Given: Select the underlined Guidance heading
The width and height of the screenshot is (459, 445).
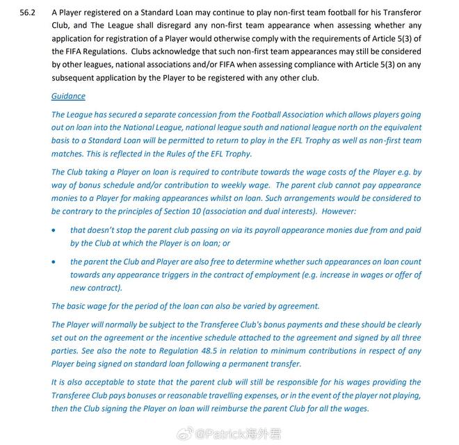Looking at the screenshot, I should [x=68, y=96].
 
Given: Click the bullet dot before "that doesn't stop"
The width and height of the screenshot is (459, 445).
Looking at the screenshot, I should [x=55, y=230].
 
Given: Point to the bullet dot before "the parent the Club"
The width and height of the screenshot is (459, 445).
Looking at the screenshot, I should [x=55, y=262].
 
